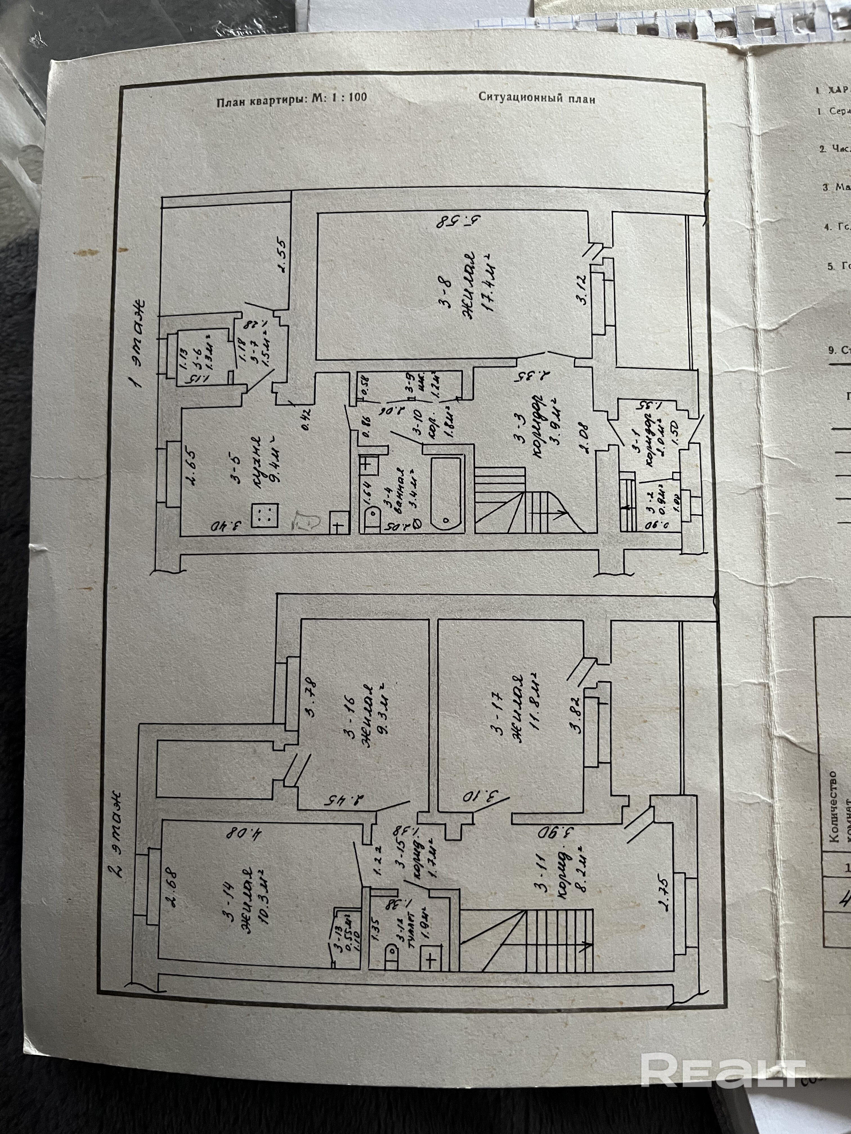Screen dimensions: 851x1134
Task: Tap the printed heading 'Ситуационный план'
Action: click(x=537, y=98)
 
